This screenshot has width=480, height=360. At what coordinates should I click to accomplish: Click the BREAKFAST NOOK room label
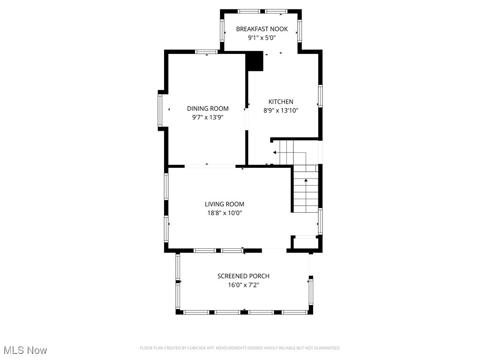262,29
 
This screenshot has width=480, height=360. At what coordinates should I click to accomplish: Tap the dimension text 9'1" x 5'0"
262,38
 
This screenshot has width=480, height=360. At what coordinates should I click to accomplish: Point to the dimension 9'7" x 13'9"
208,118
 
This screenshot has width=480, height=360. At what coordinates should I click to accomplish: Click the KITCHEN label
281,102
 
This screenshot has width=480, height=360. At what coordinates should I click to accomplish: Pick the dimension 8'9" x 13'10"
281,111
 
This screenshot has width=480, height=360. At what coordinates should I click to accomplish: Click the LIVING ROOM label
225,204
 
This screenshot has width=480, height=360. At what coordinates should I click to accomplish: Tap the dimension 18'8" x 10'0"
225,213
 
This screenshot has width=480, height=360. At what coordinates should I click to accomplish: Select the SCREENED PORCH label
243,276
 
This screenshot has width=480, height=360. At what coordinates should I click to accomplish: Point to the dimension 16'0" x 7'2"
243,285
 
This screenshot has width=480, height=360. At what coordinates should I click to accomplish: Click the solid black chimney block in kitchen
255,61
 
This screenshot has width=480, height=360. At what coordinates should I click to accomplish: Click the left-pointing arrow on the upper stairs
275,152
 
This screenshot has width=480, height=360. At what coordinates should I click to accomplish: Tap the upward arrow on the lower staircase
306,180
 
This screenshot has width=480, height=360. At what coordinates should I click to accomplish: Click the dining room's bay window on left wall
160,110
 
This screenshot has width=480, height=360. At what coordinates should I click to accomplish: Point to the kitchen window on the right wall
321,96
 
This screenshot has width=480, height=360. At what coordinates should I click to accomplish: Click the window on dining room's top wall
206,52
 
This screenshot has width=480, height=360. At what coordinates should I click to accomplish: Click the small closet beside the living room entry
304,243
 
